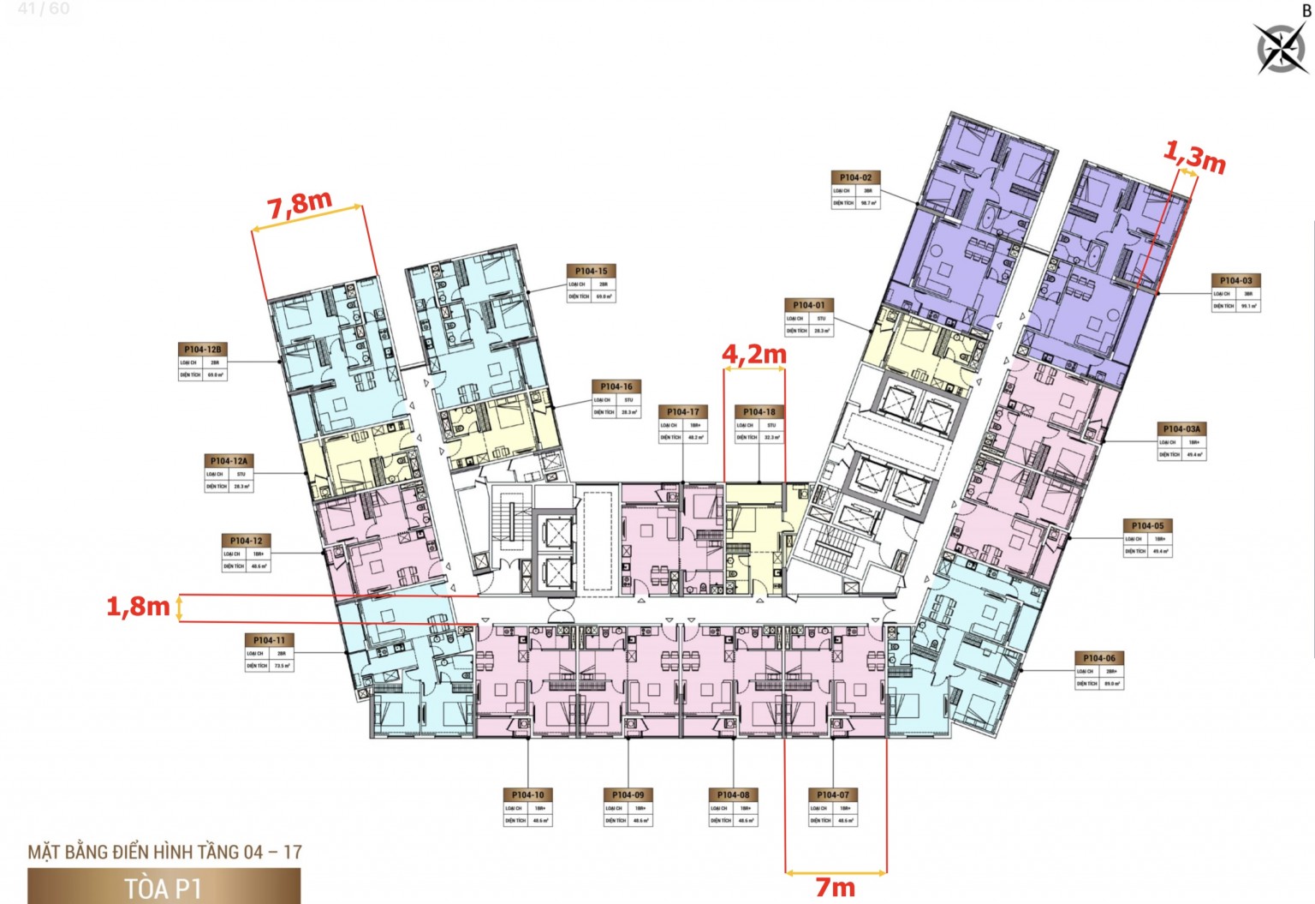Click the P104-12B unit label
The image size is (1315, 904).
coord(203,350)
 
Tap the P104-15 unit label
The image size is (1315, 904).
coord(591,271)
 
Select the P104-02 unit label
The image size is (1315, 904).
coord(855,177)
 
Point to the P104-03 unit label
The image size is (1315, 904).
coord(1235,280)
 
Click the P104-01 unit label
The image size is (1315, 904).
coord(808,305)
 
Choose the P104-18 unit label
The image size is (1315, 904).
coord(759,412)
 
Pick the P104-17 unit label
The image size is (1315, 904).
coord(682,412)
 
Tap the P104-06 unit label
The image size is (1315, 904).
coord(1098,658)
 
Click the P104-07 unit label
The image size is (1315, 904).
coord(833,795)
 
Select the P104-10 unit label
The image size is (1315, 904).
coord(527,795)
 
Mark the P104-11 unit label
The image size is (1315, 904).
coord(269,640)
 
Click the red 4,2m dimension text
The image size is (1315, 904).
coord(753,353)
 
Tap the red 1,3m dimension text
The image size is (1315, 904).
coord(1194,157)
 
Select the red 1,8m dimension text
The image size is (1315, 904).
coord(138,607)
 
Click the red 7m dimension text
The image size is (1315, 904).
coord(835,887)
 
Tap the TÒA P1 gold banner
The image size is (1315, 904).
coord(164,887)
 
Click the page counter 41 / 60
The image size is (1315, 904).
coord(44,9)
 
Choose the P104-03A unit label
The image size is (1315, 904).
coord(1181,428)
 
